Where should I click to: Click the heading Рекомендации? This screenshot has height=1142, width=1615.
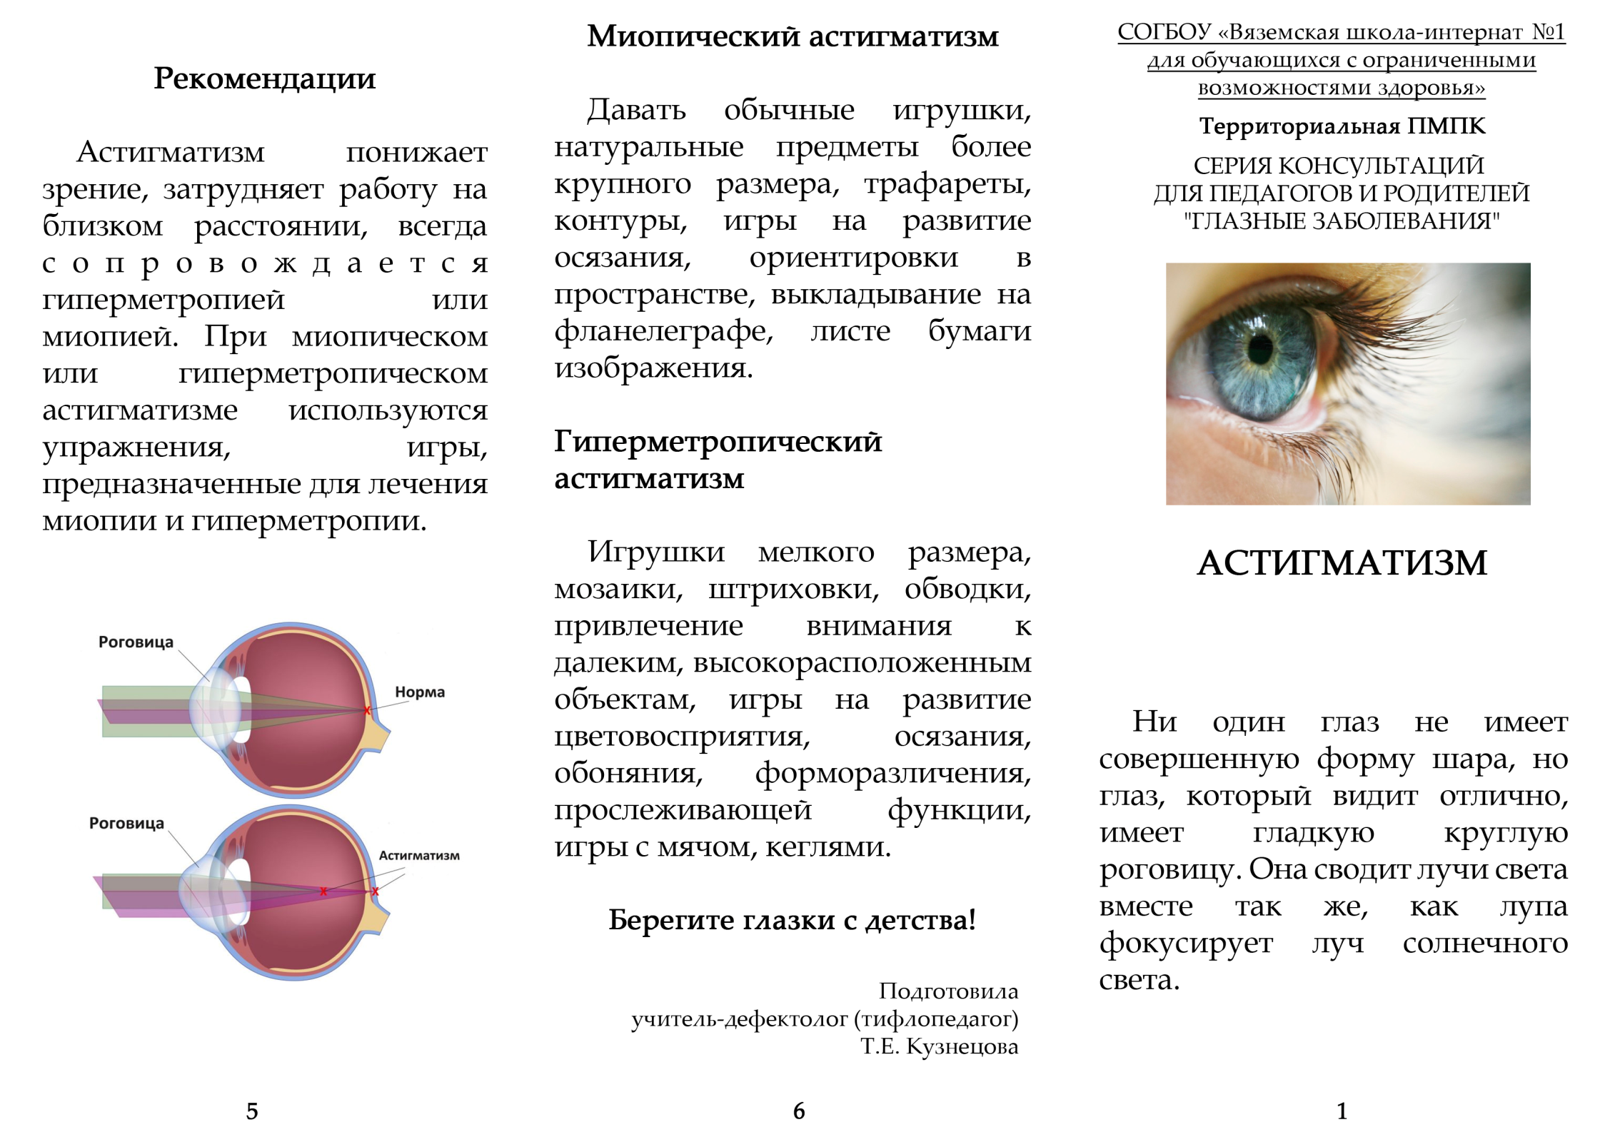point(264,79)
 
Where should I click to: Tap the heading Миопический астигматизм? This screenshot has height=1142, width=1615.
point(793,36)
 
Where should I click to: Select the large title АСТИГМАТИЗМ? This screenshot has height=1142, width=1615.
point(1342,562)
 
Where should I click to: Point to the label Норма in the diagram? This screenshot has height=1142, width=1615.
point(420,692)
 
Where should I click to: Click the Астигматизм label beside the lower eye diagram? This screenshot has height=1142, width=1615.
point(419,855)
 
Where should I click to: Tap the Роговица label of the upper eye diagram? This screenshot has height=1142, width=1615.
point(136,642)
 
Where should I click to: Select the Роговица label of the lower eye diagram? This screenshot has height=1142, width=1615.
point(126,823)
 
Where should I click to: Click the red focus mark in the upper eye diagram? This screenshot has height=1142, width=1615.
point(368,710)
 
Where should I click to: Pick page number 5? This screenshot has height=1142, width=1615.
point(252,1111)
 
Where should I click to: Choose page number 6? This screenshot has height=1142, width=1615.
point(799,1111)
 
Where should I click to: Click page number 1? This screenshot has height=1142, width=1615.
point(1342,1111)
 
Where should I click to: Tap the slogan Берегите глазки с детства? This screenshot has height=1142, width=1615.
point(792,920)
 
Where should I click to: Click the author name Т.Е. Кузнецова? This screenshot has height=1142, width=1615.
point(940,1046)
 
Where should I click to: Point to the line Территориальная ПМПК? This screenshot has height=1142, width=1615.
point(1342,126)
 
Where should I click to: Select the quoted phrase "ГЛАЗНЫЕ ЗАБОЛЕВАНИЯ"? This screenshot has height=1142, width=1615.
point(1342,221)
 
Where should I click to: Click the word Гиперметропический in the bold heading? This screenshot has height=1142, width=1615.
point(718,443)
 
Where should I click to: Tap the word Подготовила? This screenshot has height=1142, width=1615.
point(948,991)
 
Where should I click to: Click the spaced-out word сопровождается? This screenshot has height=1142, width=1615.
point(265,263)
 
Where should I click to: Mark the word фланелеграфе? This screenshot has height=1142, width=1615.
point(664,332)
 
